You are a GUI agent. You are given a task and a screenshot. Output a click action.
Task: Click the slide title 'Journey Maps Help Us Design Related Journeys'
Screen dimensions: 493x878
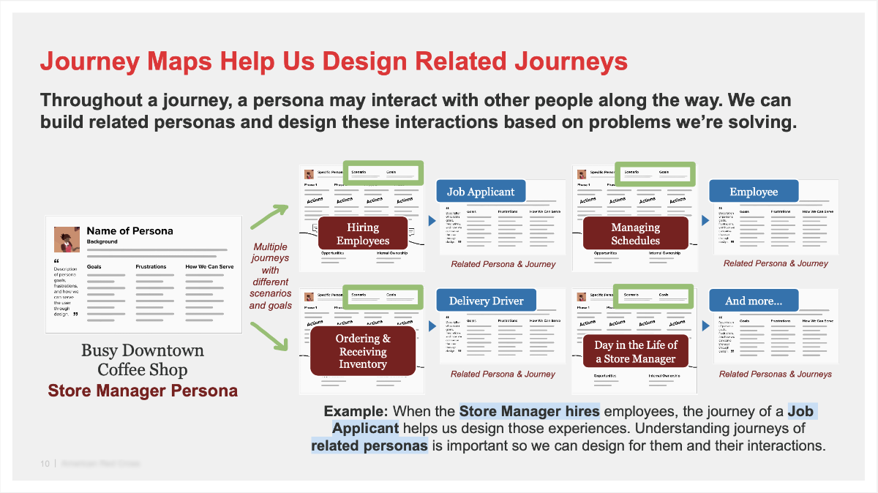(x=334, y=61)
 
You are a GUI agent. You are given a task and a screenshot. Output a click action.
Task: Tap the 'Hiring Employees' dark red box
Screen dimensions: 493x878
(x=363, y=233)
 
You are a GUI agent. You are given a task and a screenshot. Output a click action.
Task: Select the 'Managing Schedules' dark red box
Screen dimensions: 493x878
(x=635, y=233)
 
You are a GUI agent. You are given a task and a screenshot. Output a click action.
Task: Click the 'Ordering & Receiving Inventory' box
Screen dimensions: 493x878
(x=363, y=351)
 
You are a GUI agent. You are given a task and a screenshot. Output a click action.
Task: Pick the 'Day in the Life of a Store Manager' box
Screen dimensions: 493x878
(x=635, y=351)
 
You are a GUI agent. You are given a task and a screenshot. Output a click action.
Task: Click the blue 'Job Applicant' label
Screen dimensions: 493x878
(x=481, y=192)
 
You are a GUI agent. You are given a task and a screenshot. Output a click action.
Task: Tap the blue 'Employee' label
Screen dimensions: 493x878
(x=753, y=192)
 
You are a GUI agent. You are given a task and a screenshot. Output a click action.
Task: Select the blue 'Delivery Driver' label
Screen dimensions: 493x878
(x=486, y=301)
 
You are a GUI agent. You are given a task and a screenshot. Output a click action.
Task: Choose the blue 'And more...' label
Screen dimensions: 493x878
(x=753, y=301)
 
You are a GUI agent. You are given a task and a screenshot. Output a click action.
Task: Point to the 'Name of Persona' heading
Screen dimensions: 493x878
(x=130, y=230)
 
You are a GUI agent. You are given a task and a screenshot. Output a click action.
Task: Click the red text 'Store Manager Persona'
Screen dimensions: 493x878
(x=143, y=391)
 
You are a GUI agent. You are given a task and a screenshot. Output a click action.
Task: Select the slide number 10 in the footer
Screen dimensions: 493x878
(x=45, y=464)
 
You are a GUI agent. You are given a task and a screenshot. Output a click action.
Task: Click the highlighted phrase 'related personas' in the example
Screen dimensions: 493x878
(x=369, y=445)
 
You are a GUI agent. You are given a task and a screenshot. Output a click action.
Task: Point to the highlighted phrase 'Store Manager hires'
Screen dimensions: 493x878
(x=530, y=411)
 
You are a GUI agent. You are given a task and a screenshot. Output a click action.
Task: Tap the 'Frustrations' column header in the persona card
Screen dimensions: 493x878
(x=151, y=267)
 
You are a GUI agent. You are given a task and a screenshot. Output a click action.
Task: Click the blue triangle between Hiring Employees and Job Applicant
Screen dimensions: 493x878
(x=431, y=220)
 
